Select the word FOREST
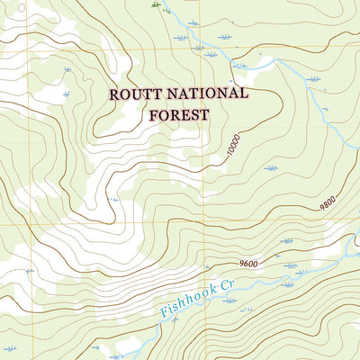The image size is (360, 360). point(176,114)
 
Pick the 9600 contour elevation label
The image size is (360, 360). point(250,264)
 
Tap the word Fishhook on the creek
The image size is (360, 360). point(187,302)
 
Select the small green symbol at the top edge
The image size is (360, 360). point(156,5)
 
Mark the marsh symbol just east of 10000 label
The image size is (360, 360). point(271,168)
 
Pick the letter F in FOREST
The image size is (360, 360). point(149,114)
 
